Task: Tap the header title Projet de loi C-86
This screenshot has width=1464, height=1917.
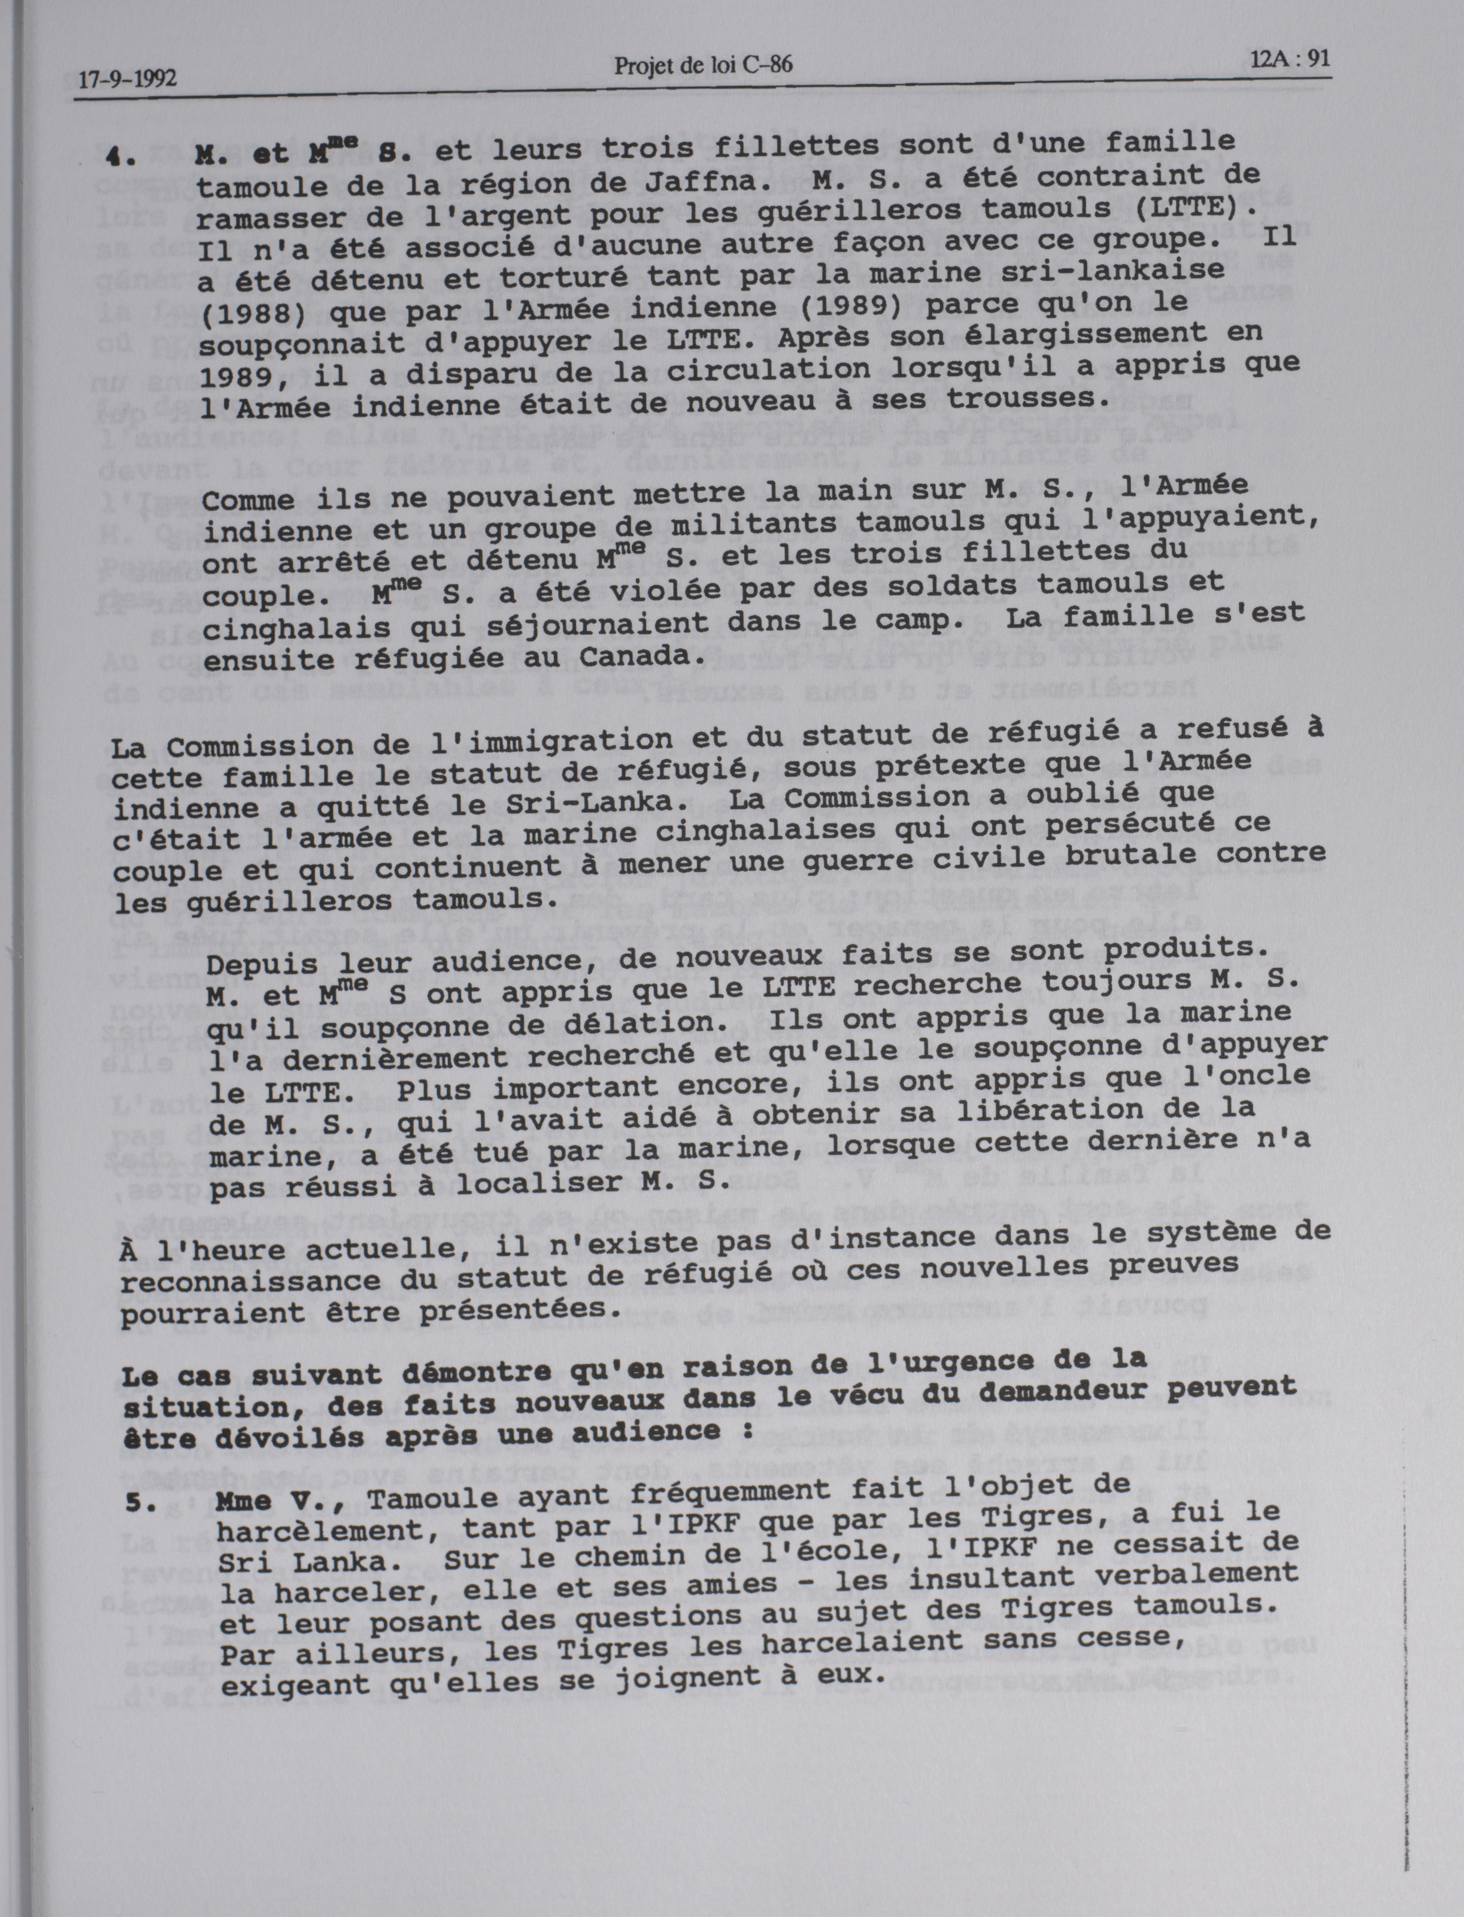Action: coord(702,65)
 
